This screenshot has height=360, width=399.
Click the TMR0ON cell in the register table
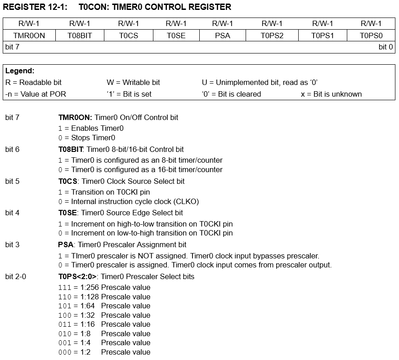coord(29,36)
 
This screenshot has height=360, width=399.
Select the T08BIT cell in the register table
coord(80,36)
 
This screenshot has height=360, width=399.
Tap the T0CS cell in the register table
coord(128,36)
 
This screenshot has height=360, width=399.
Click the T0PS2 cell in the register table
coord(272,36)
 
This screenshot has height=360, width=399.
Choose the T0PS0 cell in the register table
coord(371,36)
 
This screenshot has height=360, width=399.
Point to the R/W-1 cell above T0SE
coord(175,23)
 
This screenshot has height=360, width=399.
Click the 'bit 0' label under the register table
coord(386,47)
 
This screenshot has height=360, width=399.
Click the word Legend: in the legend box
coord(20,71)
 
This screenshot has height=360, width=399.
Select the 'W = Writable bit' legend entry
coord(133,83)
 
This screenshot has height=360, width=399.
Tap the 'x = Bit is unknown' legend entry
coord(331,94)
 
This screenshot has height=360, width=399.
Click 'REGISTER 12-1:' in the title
coord(35,7)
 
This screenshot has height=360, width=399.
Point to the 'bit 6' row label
coord(13,149)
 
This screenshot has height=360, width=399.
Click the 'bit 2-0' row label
coord(16,276)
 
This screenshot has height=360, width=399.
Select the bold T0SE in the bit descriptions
coord(68,213)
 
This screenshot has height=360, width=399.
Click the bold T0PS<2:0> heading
coord(77,276)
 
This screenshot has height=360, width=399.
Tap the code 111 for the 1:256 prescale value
coord(64,288)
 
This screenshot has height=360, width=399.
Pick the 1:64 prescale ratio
coord(88,306)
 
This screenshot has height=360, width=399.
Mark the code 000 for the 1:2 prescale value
coord(64,352)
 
